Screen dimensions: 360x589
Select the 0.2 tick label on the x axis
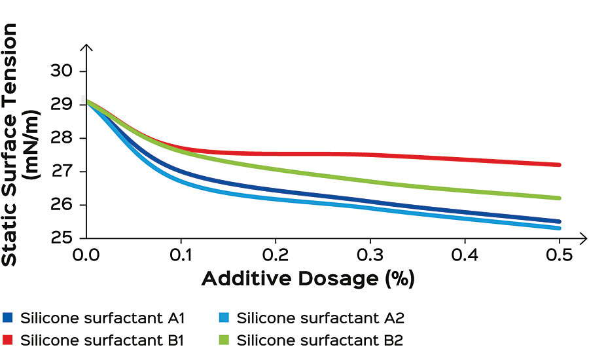pos(276,254)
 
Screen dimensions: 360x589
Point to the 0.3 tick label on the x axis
pos(370,254)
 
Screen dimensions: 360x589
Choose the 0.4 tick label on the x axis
pos(465,254)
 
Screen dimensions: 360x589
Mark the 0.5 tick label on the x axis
pos(560,254)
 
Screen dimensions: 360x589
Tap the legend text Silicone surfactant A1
pos(102,319)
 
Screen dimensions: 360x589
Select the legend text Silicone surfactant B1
pos(102,340)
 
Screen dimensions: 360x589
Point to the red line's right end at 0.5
pos(560,165)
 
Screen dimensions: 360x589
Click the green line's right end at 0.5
pos(560,198)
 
